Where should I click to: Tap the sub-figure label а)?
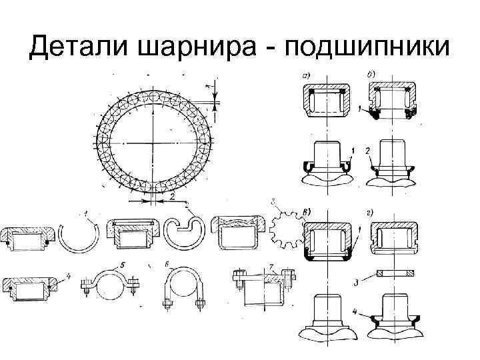(307, 76)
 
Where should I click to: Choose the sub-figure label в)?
(307, 213)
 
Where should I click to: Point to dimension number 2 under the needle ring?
(172, 197)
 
